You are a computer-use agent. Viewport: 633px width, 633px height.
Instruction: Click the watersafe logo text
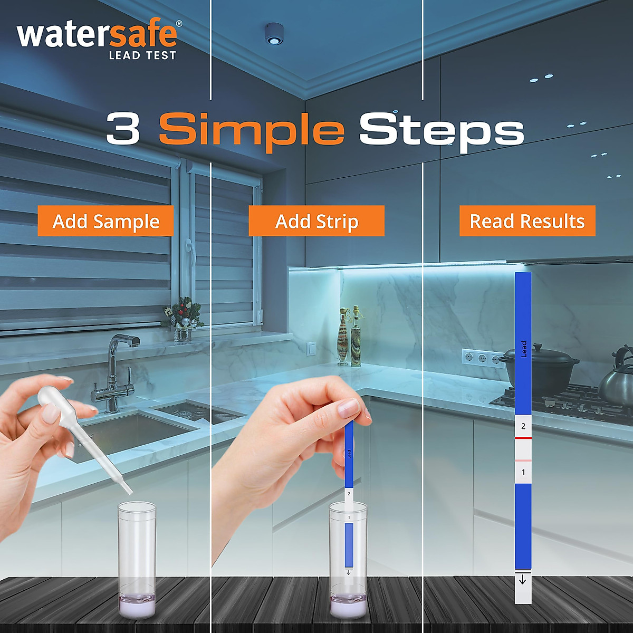point(97,35)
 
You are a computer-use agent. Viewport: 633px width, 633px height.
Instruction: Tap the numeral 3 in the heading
point(123,129)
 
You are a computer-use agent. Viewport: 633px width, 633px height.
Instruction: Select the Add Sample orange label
point(105,221)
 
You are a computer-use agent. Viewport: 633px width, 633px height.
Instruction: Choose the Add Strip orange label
point(316,221)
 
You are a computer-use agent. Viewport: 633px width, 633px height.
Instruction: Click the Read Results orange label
point(527,221)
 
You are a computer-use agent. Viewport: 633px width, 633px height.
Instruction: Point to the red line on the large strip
point(523,438)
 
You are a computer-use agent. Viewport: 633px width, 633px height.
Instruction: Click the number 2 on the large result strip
point(523,426)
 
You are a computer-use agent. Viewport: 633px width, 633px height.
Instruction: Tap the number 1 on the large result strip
point(523,472)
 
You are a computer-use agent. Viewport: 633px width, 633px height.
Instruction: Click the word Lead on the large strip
point(523,349)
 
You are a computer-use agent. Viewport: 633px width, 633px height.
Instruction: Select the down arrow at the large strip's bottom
point(523,580)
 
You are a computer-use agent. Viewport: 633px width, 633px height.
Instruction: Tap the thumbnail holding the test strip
point(348,408)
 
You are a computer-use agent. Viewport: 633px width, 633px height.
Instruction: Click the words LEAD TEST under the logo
point(142,55)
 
